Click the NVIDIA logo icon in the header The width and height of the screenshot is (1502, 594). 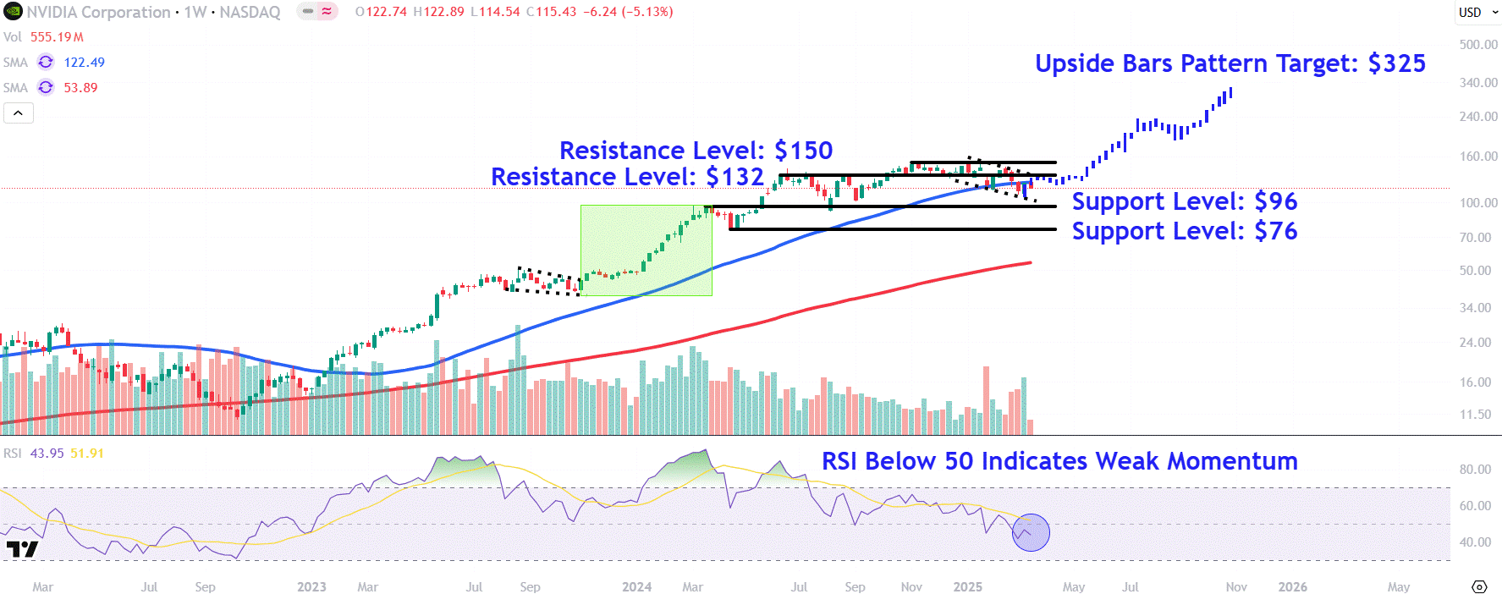(x=13, y=12)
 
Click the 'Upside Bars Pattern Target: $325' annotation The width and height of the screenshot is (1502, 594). (x=1230, y=63)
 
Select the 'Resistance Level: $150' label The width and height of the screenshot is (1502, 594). (x=696, y=151)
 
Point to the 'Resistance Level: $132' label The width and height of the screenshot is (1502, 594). (x=627, y=177)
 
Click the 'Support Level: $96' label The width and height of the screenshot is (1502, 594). (x=1184, y=201)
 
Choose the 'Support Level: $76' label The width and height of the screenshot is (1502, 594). (x=1184, y=231)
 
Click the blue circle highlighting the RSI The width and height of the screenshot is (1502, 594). (x=1031, y=533)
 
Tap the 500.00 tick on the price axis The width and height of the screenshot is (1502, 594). (x=1477, y=45)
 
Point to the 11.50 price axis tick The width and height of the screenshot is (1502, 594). (x=1475, y=415)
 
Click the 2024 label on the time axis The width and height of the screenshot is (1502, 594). (x=636, y=587)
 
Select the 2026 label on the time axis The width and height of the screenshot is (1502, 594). (x=1292, y=587)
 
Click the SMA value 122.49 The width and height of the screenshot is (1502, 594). (x=85, y=63)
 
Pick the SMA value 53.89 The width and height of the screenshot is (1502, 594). (x=80, y=88)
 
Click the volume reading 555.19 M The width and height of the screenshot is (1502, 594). (x=57, y=37)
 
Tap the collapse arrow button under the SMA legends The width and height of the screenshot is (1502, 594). (x=19, y=113)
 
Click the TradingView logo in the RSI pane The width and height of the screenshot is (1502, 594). (x=22, y=549)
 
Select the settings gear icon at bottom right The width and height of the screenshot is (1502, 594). (x=1479, y=587)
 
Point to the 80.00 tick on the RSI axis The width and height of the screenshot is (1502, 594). (x=1475, y=470)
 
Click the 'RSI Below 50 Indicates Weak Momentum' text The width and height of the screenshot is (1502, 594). (x=1059, y=461)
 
